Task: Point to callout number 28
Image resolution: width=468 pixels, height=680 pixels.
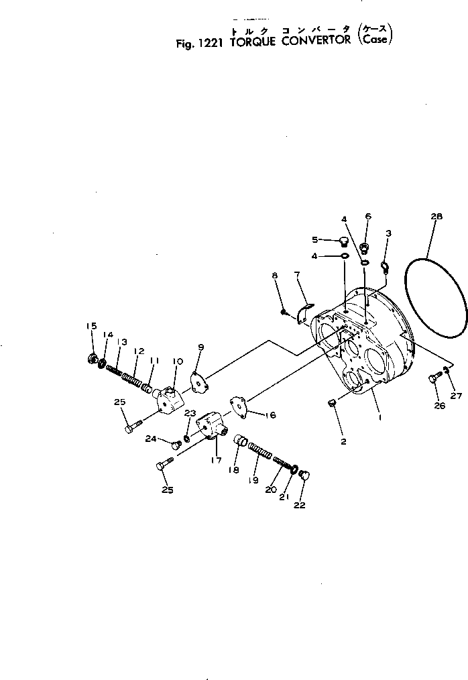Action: [x=436, y=217]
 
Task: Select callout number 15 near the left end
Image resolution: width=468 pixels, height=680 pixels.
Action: [x=91, y=326]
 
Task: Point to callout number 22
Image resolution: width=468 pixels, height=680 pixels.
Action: [x=299, y=505]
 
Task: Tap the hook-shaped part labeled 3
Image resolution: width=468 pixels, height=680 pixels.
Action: [x=386, y=268]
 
